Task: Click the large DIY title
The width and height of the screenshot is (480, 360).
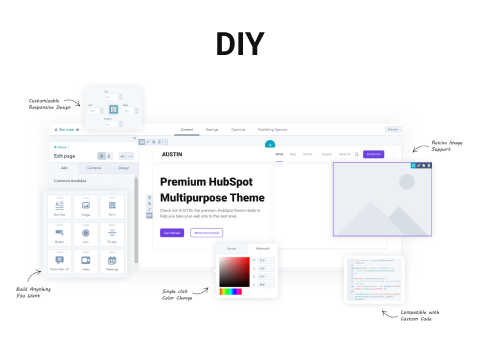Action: click(240, 44)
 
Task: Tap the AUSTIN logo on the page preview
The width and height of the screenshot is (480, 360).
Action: click(173, 154)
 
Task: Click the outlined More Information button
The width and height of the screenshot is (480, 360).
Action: click(206, 232)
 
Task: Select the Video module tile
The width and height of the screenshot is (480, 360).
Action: click(86, 263)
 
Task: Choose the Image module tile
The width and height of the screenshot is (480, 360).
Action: click(86, 207)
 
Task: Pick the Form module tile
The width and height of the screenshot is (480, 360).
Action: click(112, 207)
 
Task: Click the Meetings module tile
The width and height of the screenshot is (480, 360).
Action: click(112, 263)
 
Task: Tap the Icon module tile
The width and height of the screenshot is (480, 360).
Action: click(86, 235)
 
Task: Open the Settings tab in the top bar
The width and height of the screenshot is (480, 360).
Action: click(212, 130)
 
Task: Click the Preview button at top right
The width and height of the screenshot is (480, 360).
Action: click(393, 130)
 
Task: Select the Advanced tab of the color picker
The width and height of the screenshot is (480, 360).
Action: click(262, 247)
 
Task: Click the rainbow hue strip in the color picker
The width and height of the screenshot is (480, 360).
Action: click(231, 291)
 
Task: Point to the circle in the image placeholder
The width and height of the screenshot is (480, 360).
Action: click(406, 181)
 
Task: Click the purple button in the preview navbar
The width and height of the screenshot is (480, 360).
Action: click(373, 154)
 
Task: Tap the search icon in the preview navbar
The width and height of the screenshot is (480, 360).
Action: click(356, 154)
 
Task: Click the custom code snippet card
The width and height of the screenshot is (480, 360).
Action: click(372, 279)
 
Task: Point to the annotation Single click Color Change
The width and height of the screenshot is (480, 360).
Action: click(181, 295)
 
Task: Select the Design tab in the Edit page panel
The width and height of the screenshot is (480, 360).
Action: click(123, 168)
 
